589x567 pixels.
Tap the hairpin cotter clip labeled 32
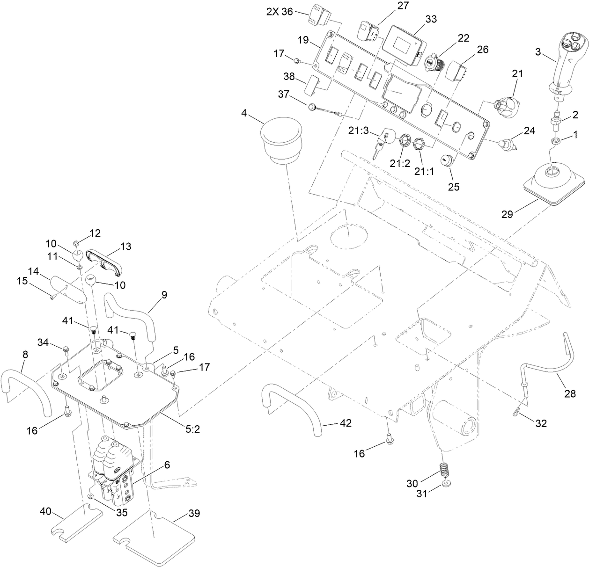point(517,411)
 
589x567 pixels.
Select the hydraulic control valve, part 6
point(115,472)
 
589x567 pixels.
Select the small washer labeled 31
point(447,482)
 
